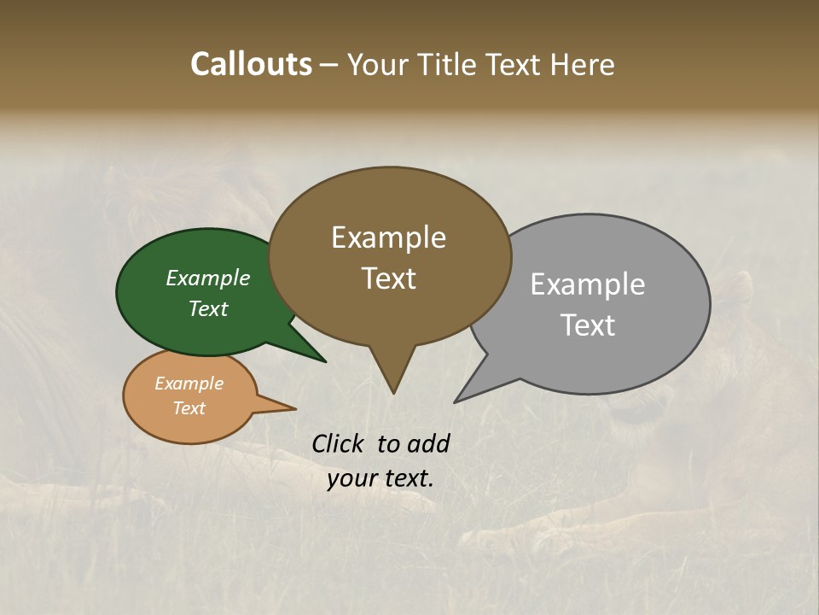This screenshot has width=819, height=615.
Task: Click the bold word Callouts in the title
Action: click(251, 64)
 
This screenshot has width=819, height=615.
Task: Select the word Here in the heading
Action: click(582, 64)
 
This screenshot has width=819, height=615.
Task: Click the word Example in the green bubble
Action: click(208, 278)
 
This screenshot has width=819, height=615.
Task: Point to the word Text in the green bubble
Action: click(208, 308)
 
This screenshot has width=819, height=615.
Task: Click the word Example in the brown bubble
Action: click(388, 237)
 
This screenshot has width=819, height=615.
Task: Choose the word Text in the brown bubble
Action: click(388, 278)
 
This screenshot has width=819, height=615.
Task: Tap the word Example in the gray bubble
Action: click(588, 284)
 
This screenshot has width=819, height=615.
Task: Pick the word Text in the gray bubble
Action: click(588, 325)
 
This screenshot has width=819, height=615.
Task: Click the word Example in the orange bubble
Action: click(189, 384)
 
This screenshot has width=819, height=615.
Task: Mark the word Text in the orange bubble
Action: click(189, 408)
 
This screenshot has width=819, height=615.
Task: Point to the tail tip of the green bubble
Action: click(325, 361)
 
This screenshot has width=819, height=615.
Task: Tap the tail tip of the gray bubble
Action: click(456, 401)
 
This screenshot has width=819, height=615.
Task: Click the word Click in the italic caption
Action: click(340, 443)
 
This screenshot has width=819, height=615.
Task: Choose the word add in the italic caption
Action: click(428, 443)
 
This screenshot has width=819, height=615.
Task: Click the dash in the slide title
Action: click(330, 65)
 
